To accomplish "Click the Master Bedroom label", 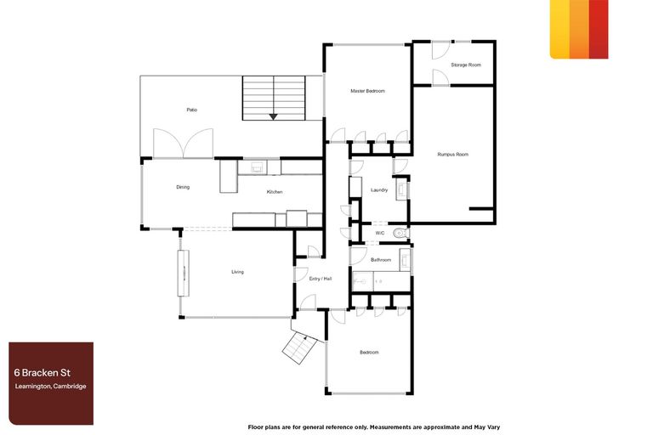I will (x=368, y=91).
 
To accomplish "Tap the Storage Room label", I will (x=466, y=65).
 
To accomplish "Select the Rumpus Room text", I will (x=453, y=155).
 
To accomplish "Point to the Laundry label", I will (x=379, y=190).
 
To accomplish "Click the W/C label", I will (x=380, y=232).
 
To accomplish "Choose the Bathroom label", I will (x=381, y=259).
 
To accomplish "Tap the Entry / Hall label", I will (x=321, y=279).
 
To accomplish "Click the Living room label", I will (x=237, y=272).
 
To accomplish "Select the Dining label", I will (x=183, y=187).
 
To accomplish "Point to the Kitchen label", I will (x=275, y=192).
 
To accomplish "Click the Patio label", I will (x=192, y=110).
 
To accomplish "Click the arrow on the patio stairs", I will (x=273, y=116).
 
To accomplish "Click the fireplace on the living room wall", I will (x=181, y=273).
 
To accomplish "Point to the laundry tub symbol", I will (x=402, y=189).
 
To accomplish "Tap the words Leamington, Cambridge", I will (x=50, y=387).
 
